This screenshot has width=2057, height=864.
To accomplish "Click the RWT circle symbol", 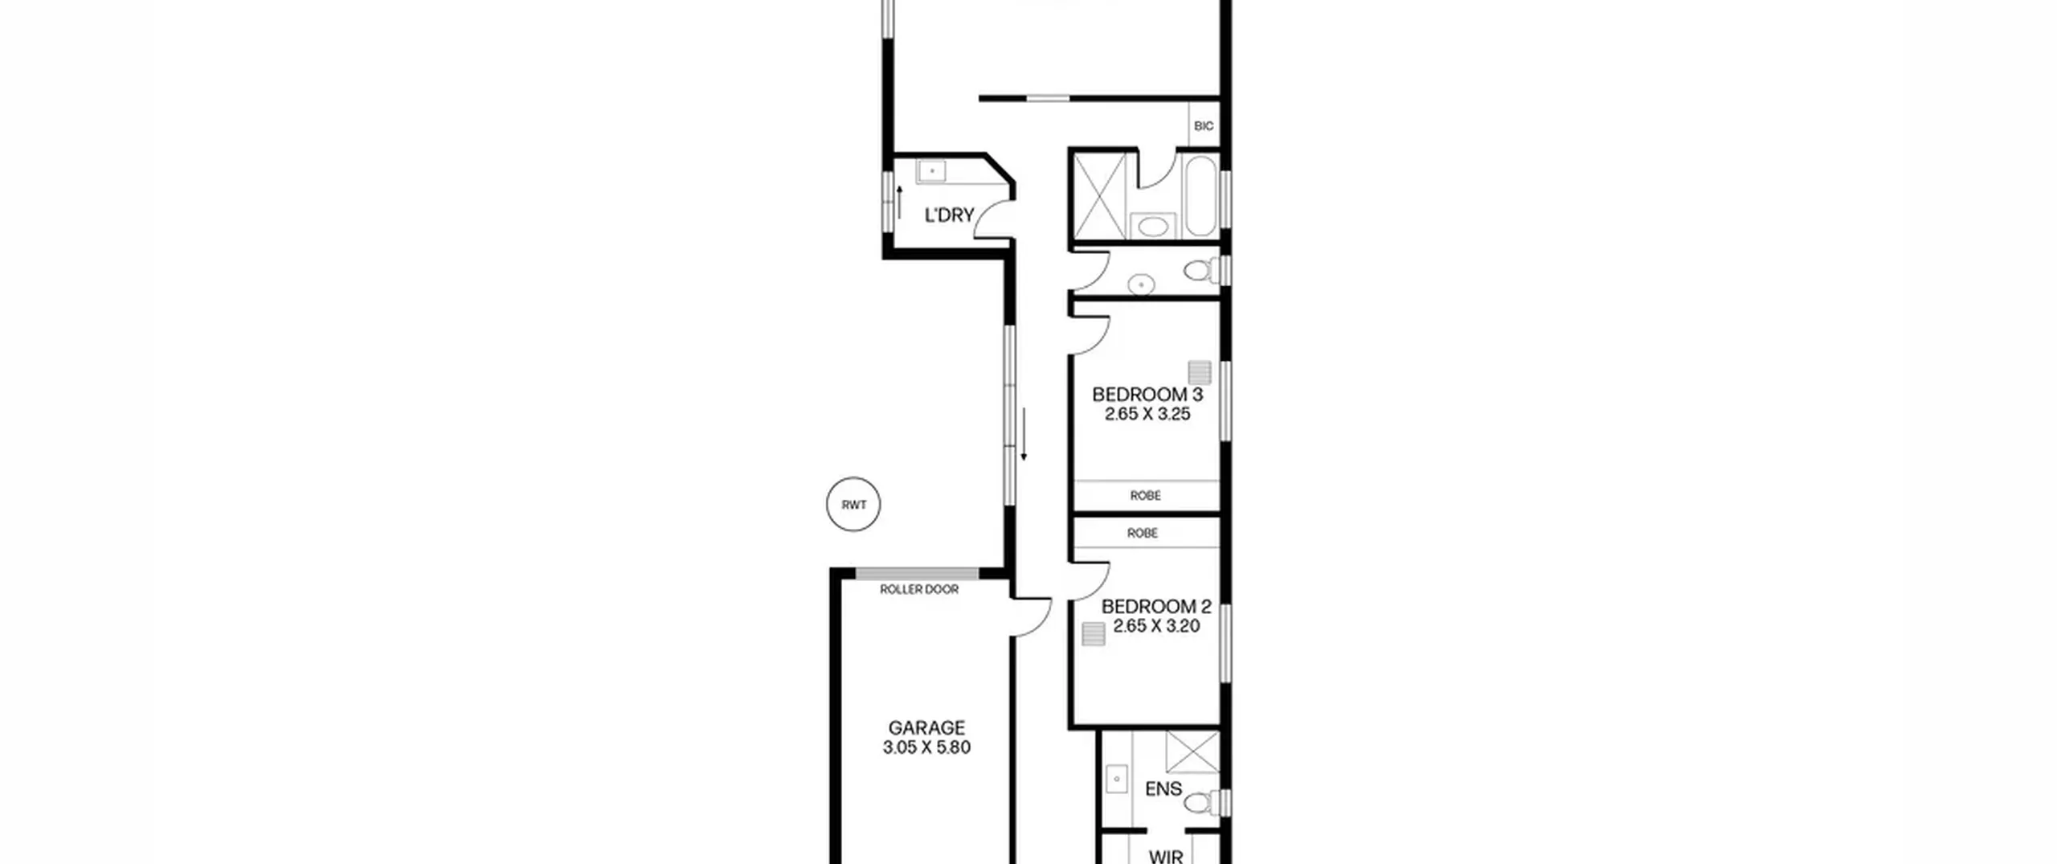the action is pyautogui.click(x=853, y=504).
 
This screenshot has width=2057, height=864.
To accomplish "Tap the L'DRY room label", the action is pyautogui.click(x=949, y=215).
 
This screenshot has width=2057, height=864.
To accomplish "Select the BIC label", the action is pyautogui.click(x=1204, y=126).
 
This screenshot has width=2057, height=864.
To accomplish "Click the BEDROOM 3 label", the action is pyautogui.click(x=1147, y=395).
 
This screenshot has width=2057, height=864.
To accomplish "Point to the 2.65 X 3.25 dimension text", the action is pyautogui.click(x=1147, y=414).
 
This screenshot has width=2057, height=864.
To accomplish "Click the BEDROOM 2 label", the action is pyautogui.click(x=1155, y=607).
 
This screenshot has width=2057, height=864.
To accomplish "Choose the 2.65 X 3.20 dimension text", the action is pyautogui.click(x=1155, y=626).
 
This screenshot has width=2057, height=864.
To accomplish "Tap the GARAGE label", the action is pyautogui.click(x=926, y=728).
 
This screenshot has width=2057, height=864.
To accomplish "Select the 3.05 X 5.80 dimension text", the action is pyautogui.click(x=926, y=747).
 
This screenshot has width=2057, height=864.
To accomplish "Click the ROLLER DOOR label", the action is pyautogui.click(x=919, y=589).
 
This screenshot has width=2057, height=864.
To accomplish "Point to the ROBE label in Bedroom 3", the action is pyautogui.click(x=1145, y=496).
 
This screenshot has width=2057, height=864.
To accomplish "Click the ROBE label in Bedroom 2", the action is pyautogui.click(x=1142, y=533).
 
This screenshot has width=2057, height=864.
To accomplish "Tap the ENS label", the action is pyautogui.click(x=1163, y=789).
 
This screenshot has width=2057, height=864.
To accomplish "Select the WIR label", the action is pyautogui.click(x=1166, y=856).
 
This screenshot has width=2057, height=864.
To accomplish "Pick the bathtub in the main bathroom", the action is pyautogui.click(x=1200, y=196).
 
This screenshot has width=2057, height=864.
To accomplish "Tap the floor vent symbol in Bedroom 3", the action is pyautogui.click(x=1200, y=372).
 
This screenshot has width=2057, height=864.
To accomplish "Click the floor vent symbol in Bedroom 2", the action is pyautogui.click(x=1094, y=634).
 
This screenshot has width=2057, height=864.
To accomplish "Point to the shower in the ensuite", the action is pyautogui.click(x=1192, y=752).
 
